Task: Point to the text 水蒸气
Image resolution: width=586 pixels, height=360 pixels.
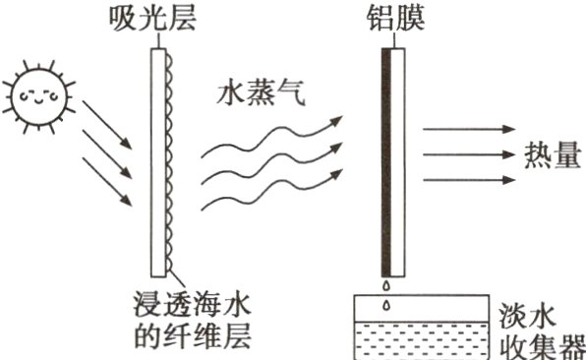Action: tap(251, 94)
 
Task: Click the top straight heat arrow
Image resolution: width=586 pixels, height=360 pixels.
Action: tap(468, 131)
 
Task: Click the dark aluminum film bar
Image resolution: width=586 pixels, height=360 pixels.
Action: tap(386, 157)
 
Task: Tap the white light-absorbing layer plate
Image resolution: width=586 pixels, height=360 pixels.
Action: tap(155, 157)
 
